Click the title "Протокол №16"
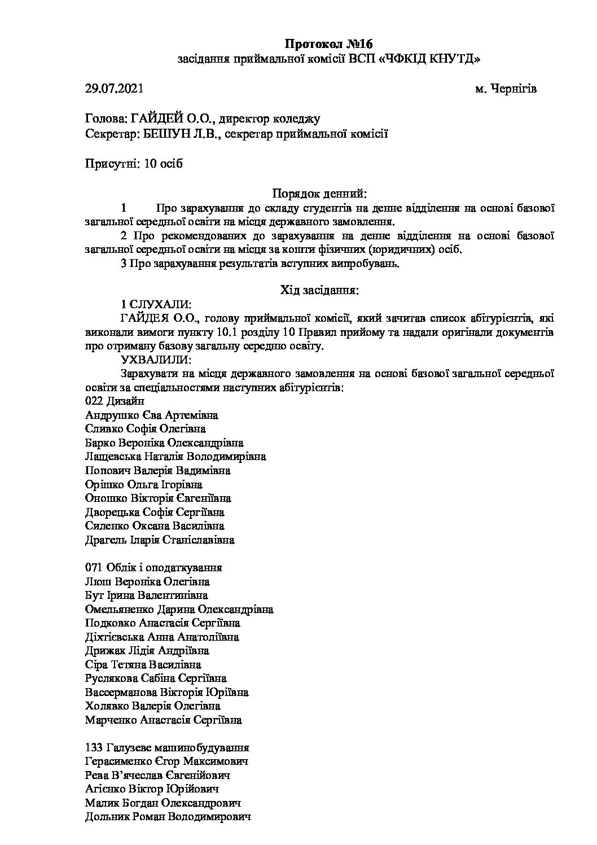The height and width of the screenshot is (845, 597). tap(329, 44)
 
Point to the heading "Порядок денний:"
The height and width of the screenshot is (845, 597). tap(319, 194)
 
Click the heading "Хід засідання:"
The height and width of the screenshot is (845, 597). tap(319, 291)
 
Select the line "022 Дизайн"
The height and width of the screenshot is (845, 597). tap(114, 401)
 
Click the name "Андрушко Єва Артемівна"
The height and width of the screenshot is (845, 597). tap(151, 415)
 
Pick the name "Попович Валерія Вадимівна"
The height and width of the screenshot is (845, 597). tap(157, 470)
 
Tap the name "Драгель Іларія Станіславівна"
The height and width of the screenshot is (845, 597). tap(159, 540)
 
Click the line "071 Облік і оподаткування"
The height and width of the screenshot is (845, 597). tap(153, 568)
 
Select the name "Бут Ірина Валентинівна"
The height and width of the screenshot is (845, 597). tap(146, 596)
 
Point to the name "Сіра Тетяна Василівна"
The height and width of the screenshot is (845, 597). tap(143, 665)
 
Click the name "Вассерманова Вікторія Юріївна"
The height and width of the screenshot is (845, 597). tap(166, 692)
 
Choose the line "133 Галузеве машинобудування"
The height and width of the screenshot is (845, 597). tap(167, 748)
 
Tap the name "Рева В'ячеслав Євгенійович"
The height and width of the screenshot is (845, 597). tap(157, 776)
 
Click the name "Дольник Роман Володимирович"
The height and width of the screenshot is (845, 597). tap(168, 817)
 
